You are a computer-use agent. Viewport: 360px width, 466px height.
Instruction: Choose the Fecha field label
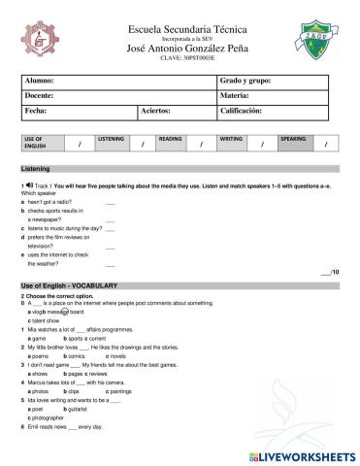pos(37,113)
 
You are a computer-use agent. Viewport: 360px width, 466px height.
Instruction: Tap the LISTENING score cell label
pos(112,139)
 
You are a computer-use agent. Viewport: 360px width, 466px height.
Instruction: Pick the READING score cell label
pos(170,139)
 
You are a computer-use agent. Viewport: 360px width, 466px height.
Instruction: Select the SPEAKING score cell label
pos(293,139)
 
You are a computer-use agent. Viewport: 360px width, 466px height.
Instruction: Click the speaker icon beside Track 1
pos(28,184)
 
